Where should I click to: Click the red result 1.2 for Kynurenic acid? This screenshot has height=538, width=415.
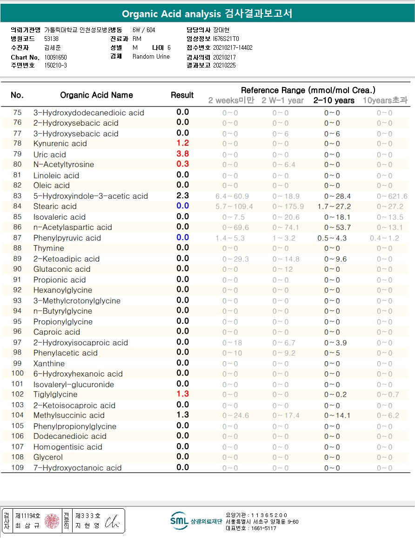(x=182, y=143)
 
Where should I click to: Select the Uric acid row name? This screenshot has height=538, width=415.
(x=49, y=155)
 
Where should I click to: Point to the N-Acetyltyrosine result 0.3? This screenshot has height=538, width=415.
(x=182, y=164)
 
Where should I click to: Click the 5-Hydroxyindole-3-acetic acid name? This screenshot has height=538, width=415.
(x=90, y=196)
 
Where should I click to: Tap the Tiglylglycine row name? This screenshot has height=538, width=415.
(x=55, y=394)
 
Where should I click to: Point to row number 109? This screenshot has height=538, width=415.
(x=17, y=467)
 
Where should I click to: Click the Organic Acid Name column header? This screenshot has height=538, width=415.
(x=96, y=95)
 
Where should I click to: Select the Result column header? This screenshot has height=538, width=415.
(x=182, y=95)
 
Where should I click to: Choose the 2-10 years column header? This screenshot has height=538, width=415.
(x=334, y=101)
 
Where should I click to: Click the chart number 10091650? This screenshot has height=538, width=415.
(x=56, y=57)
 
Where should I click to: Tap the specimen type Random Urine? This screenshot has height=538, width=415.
(x=151, y=57)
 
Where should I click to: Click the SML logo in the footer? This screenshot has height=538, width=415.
(x=179, y=521)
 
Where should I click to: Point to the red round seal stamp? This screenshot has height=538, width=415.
(x=52, y=521)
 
